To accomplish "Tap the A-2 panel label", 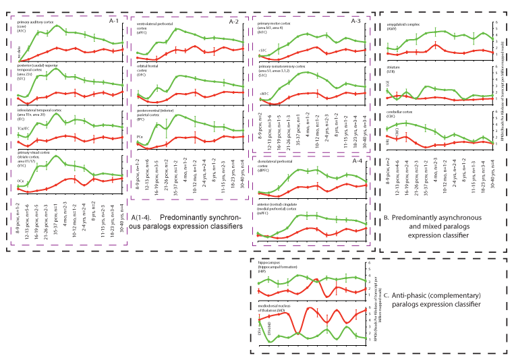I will point(233,22).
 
